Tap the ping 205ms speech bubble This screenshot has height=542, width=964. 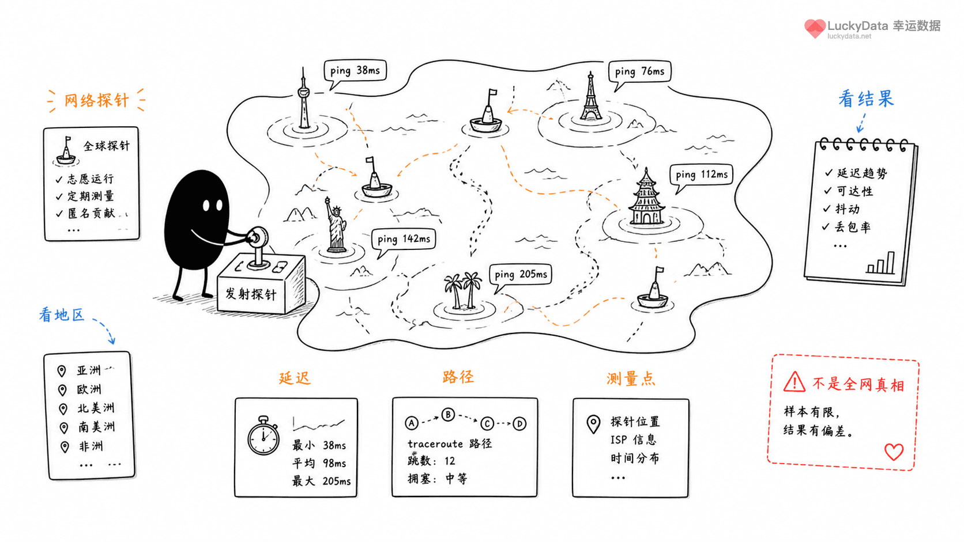click(521, 275)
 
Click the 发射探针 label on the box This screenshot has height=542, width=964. click(250, 294)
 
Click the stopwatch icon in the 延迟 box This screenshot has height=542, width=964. click(263, 436)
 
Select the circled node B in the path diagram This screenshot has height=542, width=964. click(448, 415)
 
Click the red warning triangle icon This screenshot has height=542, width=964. click(794, 382)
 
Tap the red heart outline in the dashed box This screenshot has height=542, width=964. click(894, 452)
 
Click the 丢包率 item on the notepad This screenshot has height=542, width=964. click(853, 227)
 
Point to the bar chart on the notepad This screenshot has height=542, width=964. click(880, 263)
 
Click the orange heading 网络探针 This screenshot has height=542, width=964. click(96, 100)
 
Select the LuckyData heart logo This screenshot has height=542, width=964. click(815, 28)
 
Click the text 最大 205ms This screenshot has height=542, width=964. click(322, 481)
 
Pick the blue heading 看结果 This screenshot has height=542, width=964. click(866, 99)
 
